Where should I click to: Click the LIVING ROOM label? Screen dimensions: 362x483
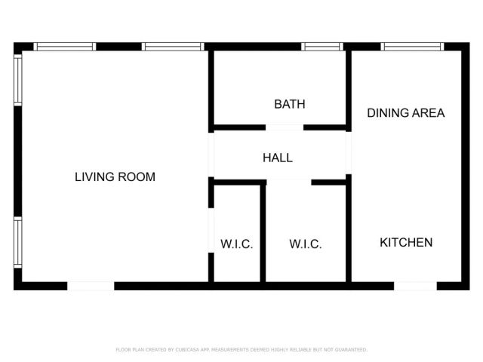pos(115,177)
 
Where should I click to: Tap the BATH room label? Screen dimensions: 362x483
pos(290,104)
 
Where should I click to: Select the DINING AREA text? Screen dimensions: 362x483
pos(405,113)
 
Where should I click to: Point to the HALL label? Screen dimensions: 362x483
pos(278,158)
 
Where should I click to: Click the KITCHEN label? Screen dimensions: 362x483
pos(406,242)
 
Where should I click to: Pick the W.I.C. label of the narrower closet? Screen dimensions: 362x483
pos(236,244)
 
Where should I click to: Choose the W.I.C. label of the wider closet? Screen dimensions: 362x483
pos(306,244)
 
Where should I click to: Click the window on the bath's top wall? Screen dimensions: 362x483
pos(322,47)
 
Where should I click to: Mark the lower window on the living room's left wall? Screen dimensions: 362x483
pos(17,241)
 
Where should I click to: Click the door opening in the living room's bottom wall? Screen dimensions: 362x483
pos(91,286)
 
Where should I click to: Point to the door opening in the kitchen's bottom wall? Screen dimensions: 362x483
pos(415,286)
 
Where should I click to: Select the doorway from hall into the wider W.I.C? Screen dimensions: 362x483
pos(289,182)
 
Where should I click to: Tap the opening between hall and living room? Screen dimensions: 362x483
pos(211,155)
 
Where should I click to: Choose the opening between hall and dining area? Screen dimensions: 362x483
pos(349,154)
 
